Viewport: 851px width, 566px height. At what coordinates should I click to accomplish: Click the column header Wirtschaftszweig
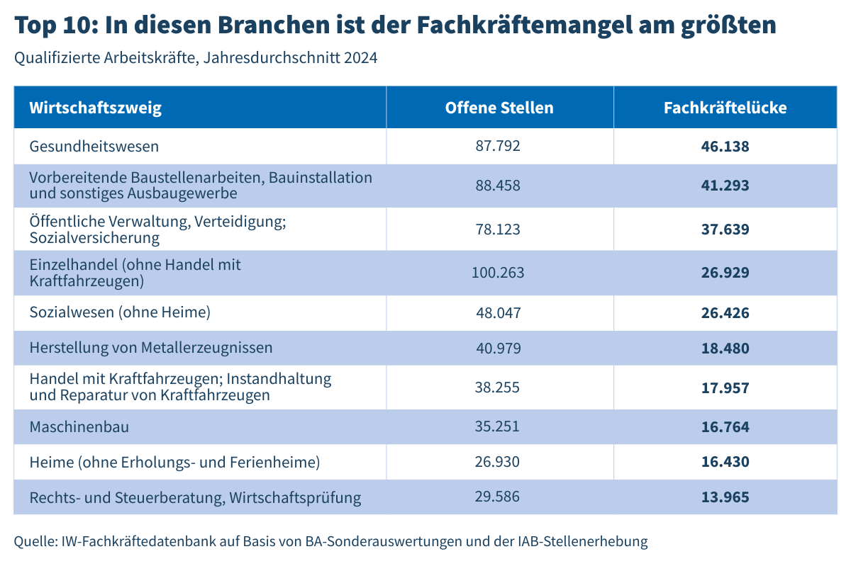pyautogui.click(x=96, y=108)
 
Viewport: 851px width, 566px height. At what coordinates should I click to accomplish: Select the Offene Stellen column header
pyautogui.click(x=499, y=108)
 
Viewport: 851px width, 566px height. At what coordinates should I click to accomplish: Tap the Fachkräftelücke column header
pyautogui.click(x=725, y=108)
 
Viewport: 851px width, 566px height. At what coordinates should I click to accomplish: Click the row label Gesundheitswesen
pyautogui.click(x=94, y=147)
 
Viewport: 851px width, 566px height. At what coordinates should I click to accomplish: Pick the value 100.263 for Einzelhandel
pyautogui.click(x=498, y=273)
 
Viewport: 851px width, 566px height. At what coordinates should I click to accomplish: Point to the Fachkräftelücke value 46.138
pyautogui.click(x=725, y=147)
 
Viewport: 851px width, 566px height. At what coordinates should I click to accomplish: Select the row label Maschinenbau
pyautogui.click(x=79, y=427)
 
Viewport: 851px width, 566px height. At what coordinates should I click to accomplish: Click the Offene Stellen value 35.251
pyautogui.click(x=498, y=426)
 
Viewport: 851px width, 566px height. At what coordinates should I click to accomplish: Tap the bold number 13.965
pyautogui.click(x=725, y=497)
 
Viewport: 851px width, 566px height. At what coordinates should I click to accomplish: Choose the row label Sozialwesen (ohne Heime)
pyautogui.click(x=120, y=312)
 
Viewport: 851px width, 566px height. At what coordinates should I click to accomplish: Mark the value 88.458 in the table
pyautogui.click(x=498, y=186)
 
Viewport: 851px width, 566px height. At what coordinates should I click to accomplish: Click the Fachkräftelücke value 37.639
pyautogui.click(x=725, y=230)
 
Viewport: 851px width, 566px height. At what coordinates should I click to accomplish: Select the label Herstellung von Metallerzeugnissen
pyautogui.click(x=151, y=348)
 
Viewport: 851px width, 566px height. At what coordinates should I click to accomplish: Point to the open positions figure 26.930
pyautogui.click(x=498, y=462)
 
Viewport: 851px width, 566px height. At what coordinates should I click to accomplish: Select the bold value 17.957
pyautogui.click(x=725, y=388)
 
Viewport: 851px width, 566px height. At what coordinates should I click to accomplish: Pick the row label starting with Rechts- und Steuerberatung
pyautogui.click(x=195, y=498)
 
